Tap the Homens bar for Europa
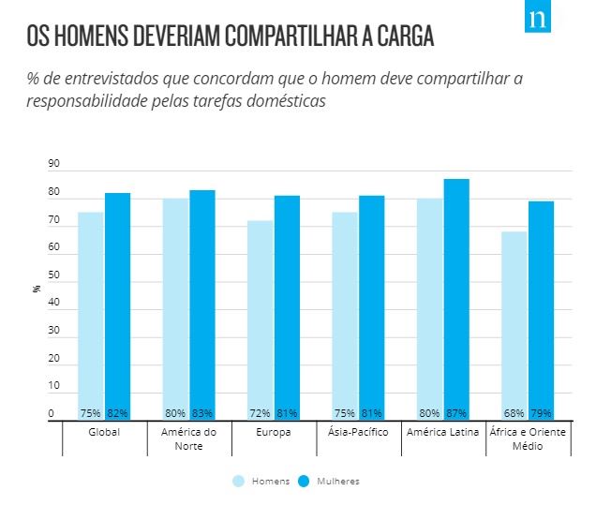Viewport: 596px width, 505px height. click(260, 319)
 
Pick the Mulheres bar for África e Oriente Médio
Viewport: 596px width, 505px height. click(541, 309)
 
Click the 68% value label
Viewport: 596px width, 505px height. click(514, 413)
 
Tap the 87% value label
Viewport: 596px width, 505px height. click(456, 413)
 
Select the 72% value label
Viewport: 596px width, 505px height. click(260, 413)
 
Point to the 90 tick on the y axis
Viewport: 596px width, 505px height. click(53, 164)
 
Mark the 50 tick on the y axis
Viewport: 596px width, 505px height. click(53, 275)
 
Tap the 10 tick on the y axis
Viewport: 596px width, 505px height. click(53, 386)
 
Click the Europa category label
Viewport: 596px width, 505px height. click(273, 432)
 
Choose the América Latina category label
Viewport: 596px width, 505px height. click(442, 432)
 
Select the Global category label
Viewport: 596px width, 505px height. click(104, 432)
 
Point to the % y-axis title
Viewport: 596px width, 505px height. click(37, 289)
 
